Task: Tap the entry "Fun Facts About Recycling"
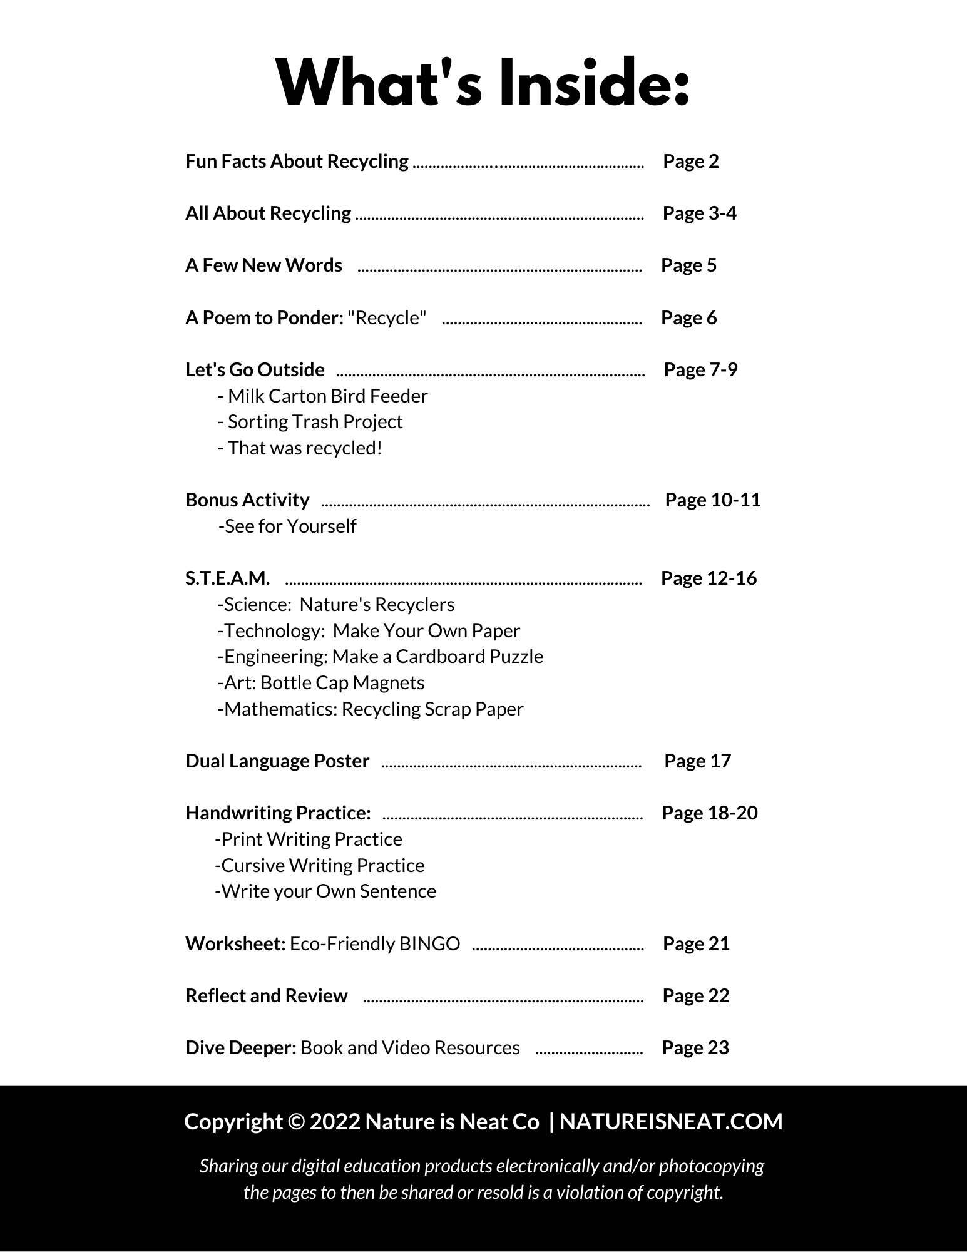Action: (297, 162)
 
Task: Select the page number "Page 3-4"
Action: (699, 213)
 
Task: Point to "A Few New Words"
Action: (263, 265)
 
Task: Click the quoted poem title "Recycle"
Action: (387, 318)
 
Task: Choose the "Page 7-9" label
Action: (700, 370)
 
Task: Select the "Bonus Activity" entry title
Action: (247, 500)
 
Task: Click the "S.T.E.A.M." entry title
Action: (228, 578)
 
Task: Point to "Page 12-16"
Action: (709, 578)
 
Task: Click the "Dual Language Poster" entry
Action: (277, 761)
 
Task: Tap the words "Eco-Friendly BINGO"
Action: (375, 944)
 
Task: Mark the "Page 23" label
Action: (695, 1048)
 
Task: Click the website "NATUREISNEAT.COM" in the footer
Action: (671, 1122)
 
